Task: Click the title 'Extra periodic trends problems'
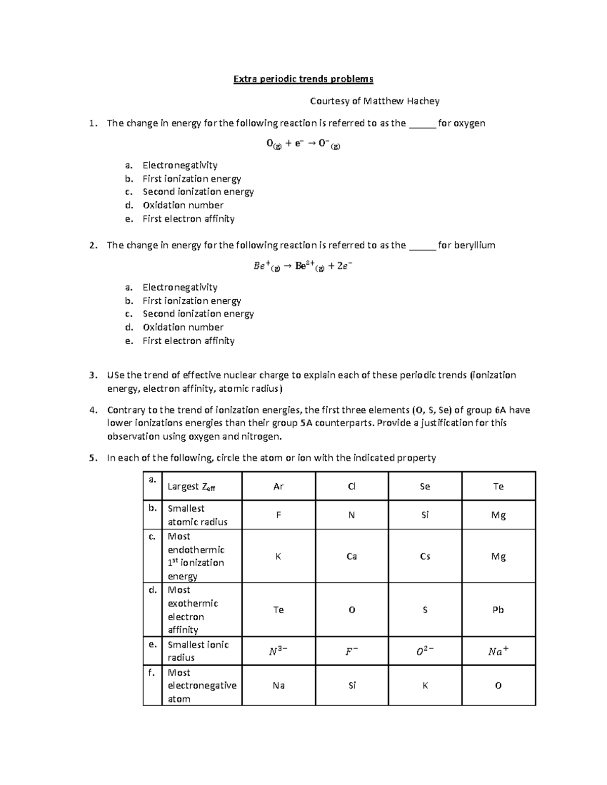[x=303, y=79]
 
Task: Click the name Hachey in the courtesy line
[x=422, y=101]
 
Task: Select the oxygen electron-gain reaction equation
[x=303, y=144]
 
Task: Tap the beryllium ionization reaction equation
[x=303, y=266]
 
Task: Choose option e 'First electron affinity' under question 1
[x=188, y=219]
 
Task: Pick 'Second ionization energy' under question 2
[x=198, y=314]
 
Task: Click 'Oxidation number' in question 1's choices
[x=183, y=205]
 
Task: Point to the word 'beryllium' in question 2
[x=474, y=246]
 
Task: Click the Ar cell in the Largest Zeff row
[x=278, y=486]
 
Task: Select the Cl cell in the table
[x=352, y=486]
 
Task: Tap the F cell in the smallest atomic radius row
[x=278, y=515]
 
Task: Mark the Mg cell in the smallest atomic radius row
[x=498, y=515]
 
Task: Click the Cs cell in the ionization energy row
[x=425, y=556]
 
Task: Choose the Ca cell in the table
[x=352, y=556]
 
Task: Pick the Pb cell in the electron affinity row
[x=498, y=610]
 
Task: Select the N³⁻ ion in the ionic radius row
[x=278, y=652]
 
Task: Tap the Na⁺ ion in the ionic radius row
[x=498, y=652]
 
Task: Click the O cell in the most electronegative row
[x=498, y=686]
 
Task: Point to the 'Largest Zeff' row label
[x=191, y=487]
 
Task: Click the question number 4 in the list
[x=92, y=410]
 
